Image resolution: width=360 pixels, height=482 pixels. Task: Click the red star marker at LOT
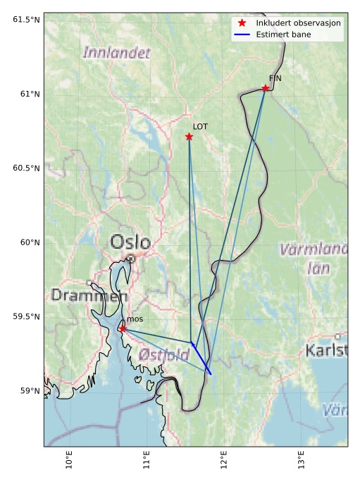point(189,137)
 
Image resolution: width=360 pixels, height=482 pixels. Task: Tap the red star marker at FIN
point(265,88)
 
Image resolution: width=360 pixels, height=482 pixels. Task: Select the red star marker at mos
point(123,328)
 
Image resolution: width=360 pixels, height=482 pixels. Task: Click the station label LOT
point(200,127)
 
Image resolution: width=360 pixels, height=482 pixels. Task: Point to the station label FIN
point(275,78)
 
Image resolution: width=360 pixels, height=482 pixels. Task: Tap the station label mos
point(135,319)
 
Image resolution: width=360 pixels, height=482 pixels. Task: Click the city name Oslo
point(130,243)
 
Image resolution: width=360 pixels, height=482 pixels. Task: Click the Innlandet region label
point(116,53)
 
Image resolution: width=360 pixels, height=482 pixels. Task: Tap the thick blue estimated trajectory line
point(202,359)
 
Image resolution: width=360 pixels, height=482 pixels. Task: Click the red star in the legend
point(242,23)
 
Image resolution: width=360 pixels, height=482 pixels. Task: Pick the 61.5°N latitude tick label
point(26,19)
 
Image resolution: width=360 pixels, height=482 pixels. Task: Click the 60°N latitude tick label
point(30,242)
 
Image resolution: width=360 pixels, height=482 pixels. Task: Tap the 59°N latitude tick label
point(30,391)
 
